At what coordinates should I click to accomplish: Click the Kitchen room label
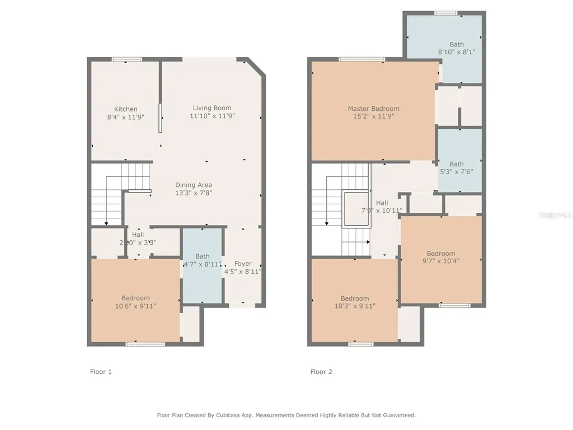click(125, 109)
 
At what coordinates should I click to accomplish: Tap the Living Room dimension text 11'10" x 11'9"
click(212, 116)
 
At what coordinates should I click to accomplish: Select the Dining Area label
click(194, 185)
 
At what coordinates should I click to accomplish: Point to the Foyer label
click(243, 264)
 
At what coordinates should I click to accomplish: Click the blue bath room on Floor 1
click(202, 269)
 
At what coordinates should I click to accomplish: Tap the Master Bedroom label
click(373, 109)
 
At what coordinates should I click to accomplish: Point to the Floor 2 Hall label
click(382, 203)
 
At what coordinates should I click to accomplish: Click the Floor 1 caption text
click(101, 371)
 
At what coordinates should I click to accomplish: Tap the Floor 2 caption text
click(322, 371)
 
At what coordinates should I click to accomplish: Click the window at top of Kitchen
click(126, 59)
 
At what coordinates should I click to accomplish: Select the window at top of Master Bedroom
click(361, 59)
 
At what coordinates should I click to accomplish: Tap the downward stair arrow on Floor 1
click(106, 222)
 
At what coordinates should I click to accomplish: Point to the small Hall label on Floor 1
click(138, 235)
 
